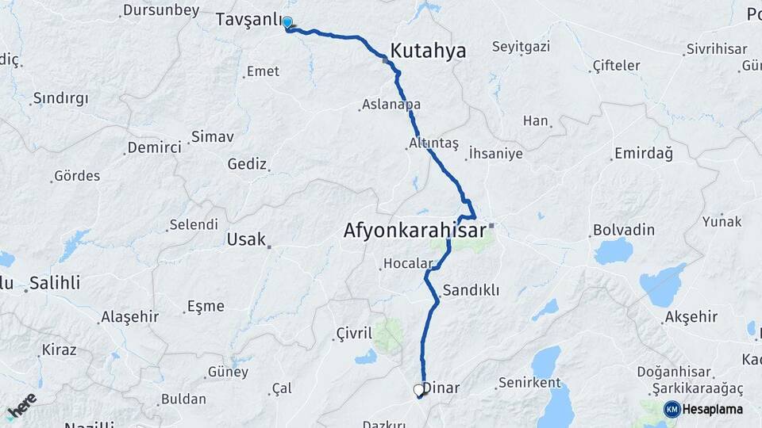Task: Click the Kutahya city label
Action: tap(428, 51)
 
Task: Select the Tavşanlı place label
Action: tap(248, 19)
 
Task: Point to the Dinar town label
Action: tap(441, 388)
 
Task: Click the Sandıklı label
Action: tap(471, 290)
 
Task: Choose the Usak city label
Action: tap(246, 239)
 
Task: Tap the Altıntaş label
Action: tap(433, 143)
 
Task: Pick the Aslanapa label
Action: tap(391, 104)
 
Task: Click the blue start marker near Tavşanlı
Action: tap(287, 23)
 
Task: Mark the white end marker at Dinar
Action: tap(418, 390)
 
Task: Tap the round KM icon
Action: tap(672, 409)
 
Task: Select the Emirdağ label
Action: tap(643, 154)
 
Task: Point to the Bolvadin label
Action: tap(624, 230)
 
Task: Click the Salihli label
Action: tap(55, 283)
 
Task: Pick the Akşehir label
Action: tap(691, 317)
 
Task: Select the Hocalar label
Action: tap(409, 263)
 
